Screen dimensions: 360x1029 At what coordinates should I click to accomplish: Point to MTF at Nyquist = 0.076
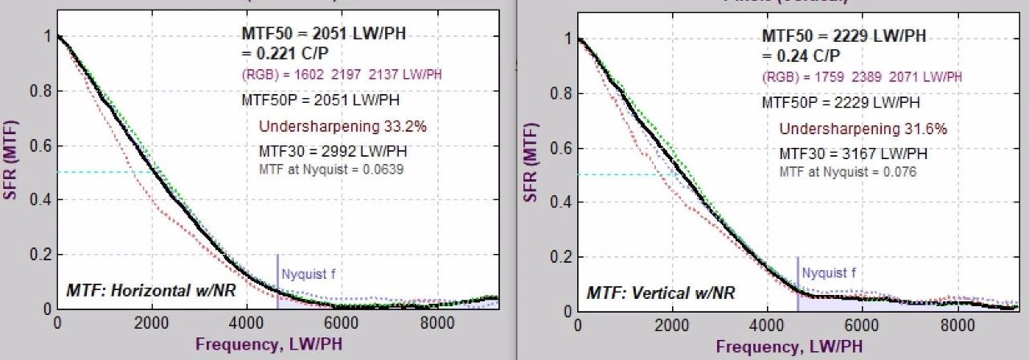(x=849, y=172)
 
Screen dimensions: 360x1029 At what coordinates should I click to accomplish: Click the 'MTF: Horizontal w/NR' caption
(x=151, y=290)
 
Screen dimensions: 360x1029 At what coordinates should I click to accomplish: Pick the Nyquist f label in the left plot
(x=309, y=274)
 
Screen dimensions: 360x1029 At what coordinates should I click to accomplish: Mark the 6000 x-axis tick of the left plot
(x=340, y=323)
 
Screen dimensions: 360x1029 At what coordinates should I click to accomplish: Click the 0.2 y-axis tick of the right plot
(x=562, y=257)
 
